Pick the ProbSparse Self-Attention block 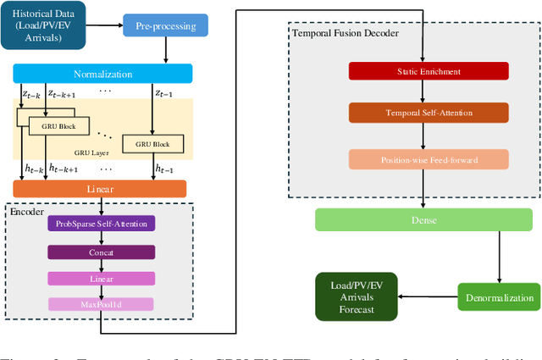[101, 224]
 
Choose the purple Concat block [101, 252]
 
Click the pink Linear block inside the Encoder [101, 278]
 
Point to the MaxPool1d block [101, 304]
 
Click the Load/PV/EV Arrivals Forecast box [356, 296]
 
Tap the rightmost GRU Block [152, 144]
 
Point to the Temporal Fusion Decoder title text [345, 33]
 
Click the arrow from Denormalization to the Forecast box [428, 296]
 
